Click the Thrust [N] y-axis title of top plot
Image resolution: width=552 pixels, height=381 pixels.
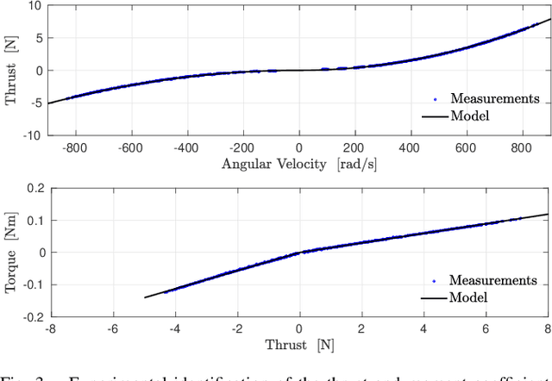(x=13, y=70)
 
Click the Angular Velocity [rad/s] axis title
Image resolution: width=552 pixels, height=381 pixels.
(x=298, y=163)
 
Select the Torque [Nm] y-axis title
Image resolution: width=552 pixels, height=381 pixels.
(x=13, y=252)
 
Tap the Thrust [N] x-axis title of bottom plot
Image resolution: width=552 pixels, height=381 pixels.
(x=298, y=345)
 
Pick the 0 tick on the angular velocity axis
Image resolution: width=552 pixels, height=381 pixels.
(x=299, y=147)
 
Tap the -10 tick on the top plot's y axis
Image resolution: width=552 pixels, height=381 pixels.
(x=32, y=134)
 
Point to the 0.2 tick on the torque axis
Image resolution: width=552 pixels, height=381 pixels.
(x=32, y=188)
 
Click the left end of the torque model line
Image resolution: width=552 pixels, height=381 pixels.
(x=144, y=297)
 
